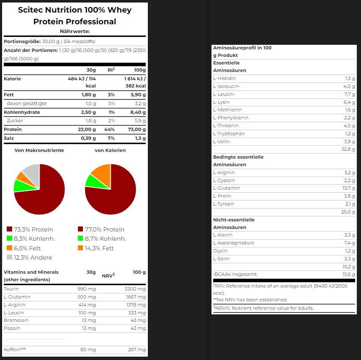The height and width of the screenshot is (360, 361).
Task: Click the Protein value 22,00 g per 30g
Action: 87,130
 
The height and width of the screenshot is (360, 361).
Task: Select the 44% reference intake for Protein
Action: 109,130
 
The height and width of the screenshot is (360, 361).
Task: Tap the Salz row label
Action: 9,138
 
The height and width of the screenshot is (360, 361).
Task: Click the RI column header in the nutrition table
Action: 111,70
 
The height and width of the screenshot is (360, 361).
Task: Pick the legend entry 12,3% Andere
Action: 29,257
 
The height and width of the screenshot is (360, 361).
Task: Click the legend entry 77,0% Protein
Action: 101,229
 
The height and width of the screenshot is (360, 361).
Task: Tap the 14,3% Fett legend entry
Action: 96,248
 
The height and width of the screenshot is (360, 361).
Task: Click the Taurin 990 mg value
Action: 87,289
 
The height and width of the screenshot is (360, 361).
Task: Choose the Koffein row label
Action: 15,350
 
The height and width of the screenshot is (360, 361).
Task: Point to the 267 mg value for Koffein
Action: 137,350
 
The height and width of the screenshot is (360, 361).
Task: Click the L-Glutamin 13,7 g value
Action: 348,188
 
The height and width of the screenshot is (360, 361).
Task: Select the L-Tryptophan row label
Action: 229,134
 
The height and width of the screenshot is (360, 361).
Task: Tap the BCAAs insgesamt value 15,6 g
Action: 348,274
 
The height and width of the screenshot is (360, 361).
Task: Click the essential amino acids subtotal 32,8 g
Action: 348,149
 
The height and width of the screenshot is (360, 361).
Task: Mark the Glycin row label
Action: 220,251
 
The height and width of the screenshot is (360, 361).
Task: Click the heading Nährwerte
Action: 75,31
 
